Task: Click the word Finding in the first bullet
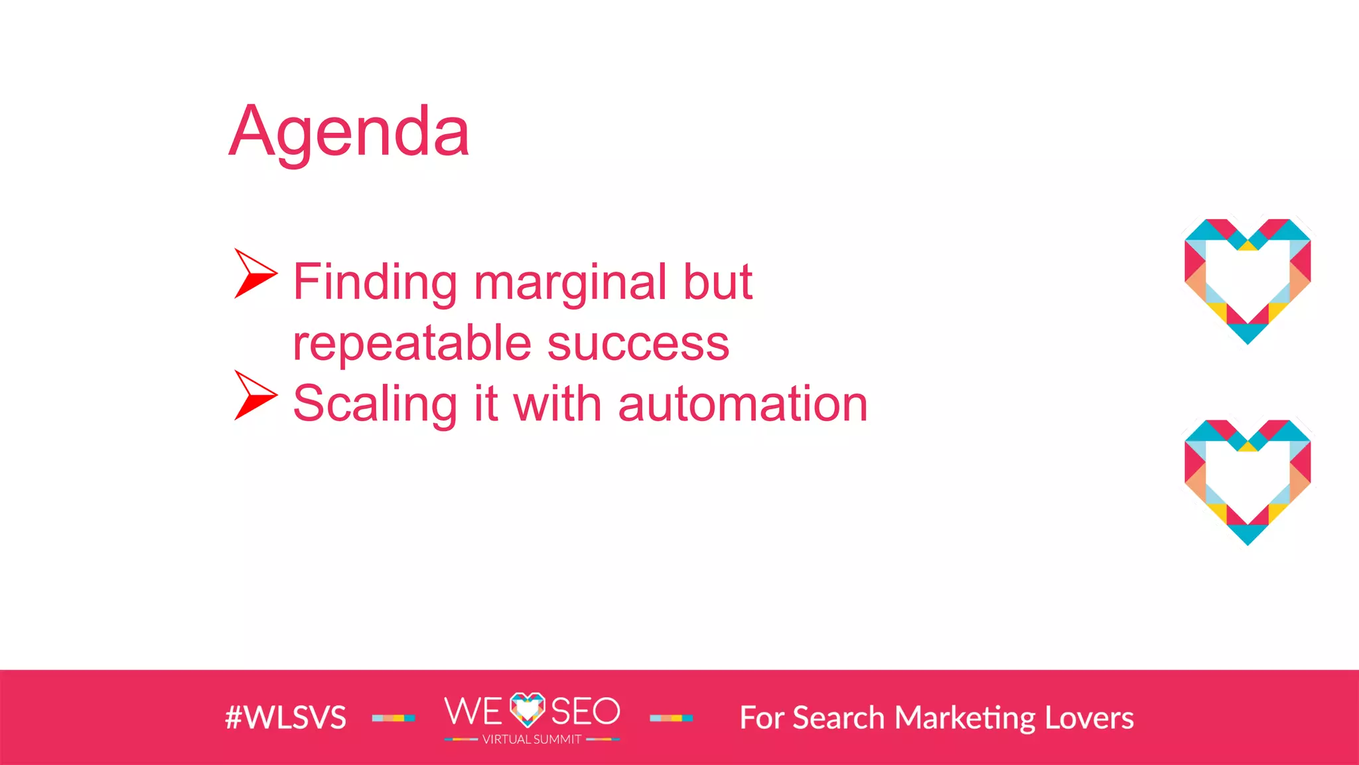point(375,282)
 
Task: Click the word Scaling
point(375,404)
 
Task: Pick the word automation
point(743,404)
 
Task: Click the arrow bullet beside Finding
point(254,273)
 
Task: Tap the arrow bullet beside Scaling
point(254,395)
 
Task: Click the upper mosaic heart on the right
point(1248,280)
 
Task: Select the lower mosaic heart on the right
point(1248,481)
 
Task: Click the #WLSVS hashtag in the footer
point(285,718)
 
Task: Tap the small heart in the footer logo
point(527,709)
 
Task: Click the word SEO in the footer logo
point(585,711)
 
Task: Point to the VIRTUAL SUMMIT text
point(532,740)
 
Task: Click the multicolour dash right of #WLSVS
point(393,718)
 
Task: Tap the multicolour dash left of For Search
point(671,718)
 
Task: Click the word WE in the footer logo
point(473,711)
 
